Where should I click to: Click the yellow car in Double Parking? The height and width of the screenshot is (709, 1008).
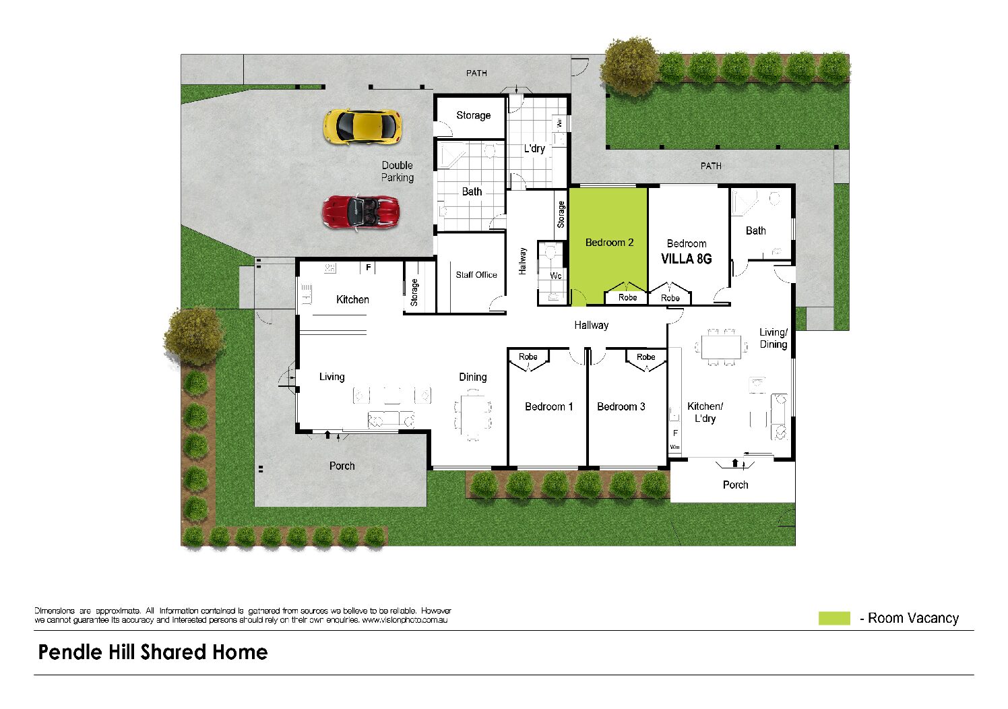point(363,127)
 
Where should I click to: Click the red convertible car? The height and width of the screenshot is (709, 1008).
point(360,212)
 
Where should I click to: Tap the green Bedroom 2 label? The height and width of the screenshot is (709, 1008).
point(609,243)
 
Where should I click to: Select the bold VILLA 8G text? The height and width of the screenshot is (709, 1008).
point(686,259)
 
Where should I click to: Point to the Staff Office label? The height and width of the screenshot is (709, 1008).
point(476,275)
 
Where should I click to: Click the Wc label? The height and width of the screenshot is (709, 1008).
point(556,276)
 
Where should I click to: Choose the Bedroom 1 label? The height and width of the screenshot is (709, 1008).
point(549,407)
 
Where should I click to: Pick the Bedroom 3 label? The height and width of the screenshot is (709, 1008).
point(621,407)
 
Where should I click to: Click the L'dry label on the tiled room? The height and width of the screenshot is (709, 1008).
point(534,149)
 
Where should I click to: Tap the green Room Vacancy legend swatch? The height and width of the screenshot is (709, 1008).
point(834,618)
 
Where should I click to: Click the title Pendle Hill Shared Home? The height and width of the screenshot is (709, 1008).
point(153,652)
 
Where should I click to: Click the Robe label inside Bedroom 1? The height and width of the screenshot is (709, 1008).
point(528,357)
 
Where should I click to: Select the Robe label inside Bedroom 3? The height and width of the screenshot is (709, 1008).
point(645,357)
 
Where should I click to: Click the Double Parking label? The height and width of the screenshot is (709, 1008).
point(398,171)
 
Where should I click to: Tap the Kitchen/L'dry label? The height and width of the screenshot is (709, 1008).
point(705,412)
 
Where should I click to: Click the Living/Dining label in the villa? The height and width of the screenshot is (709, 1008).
point(774,338)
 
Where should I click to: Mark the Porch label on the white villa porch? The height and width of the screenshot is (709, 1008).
point(735,485)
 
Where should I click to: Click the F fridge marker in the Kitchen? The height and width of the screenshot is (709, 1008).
point(368,268)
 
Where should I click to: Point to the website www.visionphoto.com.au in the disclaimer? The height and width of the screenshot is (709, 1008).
point(404,620)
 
